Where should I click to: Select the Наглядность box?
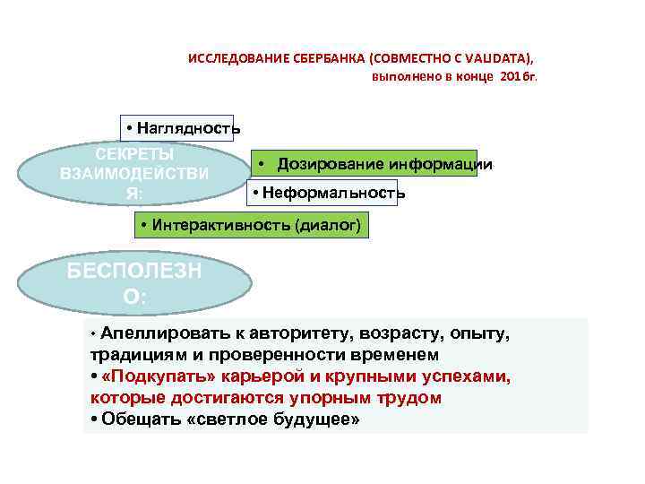point(179,127)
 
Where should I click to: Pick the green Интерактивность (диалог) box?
point(252,225)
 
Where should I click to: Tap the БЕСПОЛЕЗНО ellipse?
point(134,283)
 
